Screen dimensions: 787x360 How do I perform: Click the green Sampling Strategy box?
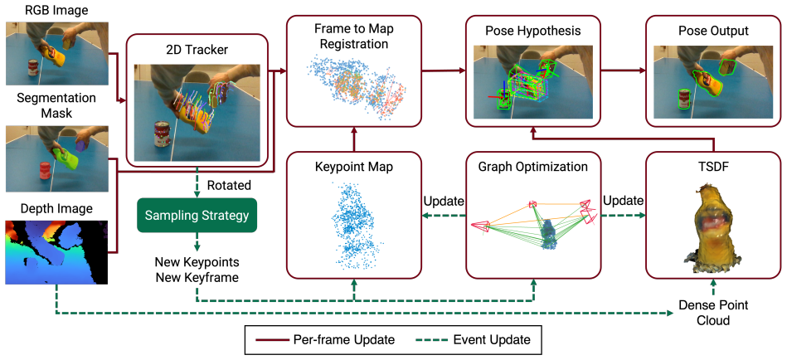point(197,216)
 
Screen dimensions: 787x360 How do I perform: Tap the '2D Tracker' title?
point(197,51)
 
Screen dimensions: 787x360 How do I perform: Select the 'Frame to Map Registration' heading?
point(354,37)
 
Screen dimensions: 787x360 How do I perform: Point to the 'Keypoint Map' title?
point(354,167)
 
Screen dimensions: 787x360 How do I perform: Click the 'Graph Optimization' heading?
point(533,167)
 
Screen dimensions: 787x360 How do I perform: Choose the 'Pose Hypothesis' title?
point(533,32)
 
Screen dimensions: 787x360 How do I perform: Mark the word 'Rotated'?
point(229,185)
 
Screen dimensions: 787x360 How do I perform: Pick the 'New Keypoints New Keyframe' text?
point(197,269)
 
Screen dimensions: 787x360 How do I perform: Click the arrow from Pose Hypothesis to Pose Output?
point(623,71)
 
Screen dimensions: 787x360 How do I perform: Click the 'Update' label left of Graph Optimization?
point(444,201)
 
